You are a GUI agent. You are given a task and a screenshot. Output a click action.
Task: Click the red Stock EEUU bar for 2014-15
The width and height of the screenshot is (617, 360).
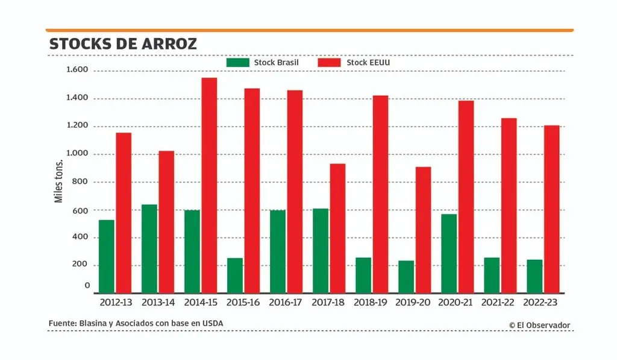(209, 185)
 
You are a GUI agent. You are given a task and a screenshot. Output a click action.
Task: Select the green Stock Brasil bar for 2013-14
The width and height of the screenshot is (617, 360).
(149, 248)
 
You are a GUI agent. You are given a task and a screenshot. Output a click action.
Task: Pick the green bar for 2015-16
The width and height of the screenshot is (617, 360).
(235, 276)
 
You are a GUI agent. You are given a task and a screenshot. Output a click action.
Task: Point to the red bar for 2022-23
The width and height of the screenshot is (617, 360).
(551, 209)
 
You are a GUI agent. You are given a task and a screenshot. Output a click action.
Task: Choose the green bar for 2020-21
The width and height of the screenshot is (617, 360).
(449, 253)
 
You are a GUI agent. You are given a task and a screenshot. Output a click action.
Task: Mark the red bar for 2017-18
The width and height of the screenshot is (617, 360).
(337, 228)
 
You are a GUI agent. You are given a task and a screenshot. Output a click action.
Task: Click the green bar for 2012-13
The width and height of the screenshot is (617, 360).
(107, 256)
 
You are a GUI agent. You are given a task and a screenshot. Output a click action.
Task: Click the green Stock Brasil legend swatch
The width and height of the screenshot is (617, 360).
(237, 63)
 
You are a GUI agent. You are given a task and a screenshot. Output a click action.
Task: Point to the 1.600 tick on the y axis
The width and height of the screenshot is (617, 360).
(77, 70)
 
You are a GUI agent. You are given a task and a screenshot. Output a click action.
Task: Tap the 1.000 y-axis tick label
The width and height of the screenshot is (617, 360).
(77, 154)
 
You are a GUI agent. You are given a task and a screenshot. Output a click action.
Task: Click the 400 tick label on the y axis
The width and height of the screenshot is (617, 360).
(80, 237)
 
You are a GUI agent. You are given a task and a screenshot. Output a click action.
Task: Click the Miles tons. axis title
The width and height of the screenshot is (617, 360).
(59, 182)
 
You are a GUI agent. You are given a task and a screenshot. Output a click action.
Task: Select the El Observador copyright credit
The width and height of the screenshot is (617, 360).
(539, 325)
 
